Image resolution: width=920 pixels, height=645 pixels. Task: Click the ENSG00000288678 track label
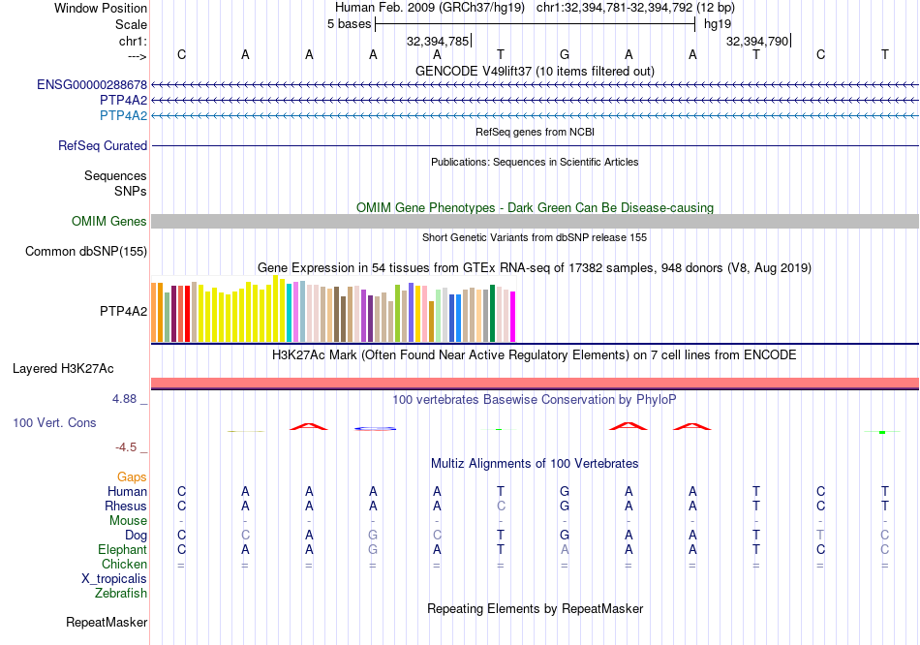pos(92,84)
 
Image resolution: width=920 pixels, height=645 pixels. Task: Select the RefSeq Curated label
pos(103,146)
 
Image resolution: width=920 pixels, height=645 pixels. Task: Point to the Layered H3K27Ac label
pos(63,369)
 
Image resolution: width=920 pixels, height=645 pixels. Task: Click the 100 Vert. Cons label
pos(54,423)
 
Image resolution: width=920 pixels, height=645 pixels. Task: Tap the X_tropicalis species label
pos(114,578)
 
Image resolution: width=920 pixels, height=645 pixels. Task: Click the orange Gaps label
pos(132,477)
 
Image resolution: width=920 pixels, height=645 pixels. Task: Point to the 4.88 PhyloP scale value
pos(126,399)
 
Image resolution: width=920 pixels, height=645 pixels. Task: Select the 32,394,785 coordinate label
pos(438,42)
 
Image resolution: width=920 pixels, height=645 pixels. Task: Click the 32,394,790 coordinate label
pos(757,42)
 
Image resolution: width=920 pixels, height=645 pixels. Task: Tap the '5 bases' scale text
pos(349,24)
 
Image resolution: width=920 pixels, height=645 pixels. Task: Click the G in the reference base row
pos(565,55)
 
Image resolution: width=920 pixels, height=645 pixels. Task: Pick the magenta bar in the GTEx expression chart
pos(513,317)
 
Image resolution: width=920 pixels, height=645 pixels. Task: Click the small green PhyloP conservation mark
pos(882,432)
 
